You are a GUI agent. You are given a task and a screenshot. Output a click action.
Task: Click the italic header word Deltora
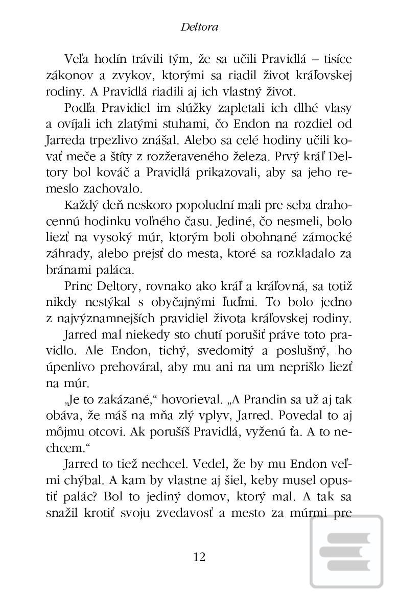click(x=199, y=27)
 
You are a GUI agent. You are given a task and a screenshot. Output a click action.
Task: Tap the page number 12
click(x=199, y=557)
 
